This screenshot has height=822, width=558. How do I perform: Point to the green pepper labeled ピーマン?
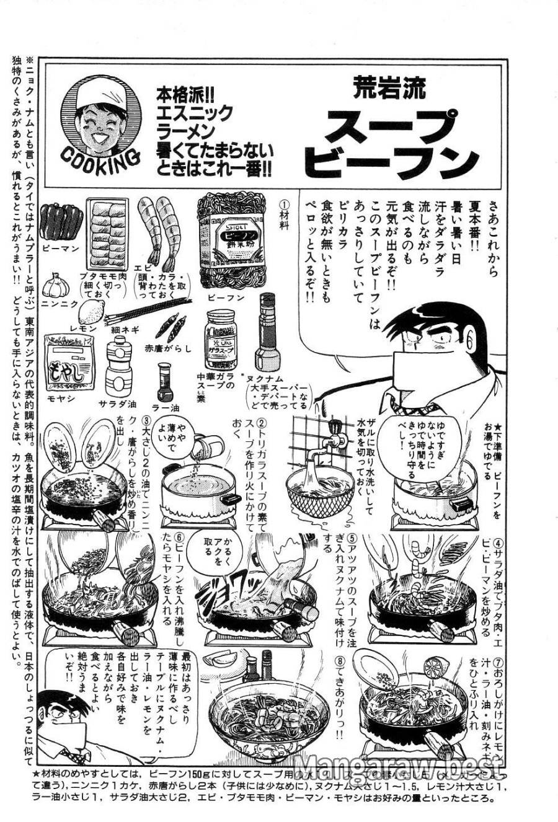coord(61,222)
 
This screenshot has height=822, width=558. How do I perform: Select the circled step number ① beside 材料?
coord(285,204)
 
